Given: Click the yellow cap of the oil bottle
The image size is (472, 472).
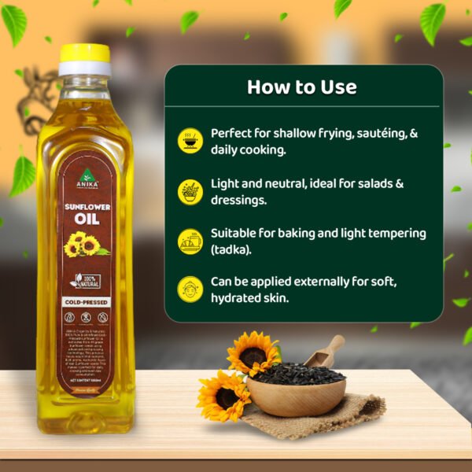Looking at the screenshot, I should tap(85, 53).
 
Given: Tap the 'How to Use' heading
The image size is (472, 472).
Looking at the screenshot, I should tap(302, 87).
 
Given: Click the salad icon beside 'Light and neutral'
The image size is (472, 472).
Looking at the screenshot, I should tap(190, 191).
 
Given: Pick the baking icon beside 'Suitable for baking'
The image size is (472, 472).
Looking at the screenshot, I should tap(190, 241).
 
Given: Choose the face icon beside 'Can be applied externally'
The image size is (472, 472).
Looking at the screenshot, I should tap(190, 289).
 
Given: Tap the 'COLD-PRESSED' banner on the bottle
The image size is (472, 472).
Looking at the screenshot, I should tap(86, 301).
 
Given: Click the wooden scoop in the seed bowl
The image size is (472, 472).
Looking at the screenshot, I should tap(326, 351).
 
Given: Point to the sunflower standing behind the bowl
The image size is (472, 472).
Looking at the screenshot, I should tap(253, 352).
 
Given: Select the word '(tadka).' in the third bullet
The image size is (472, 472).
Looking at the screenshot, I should tap(232, 249).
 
